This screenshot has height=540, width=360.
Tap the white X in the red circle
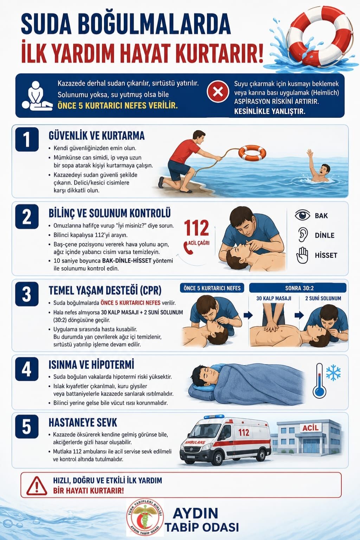(x=218, y=92)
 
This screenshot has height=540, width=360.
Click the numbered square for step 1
(x=27, y=139)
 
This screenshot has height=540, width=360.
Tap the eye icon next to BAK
(x=302, y=215)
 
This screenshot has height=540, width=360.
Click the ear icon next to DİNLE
(x=302, y=235)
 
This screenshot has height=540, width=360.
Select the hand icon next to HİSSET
(x=302, y=255)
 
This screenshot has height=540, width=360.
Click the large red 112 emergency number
(x=196, y=227)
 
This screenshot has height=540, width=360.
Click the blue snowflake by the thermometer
(x=333, y=372)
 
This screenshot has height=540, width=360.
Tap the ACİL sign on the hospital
(x=310, y=428)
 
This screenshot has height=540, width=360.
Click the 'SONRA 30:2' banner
(x=298, y=288)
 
